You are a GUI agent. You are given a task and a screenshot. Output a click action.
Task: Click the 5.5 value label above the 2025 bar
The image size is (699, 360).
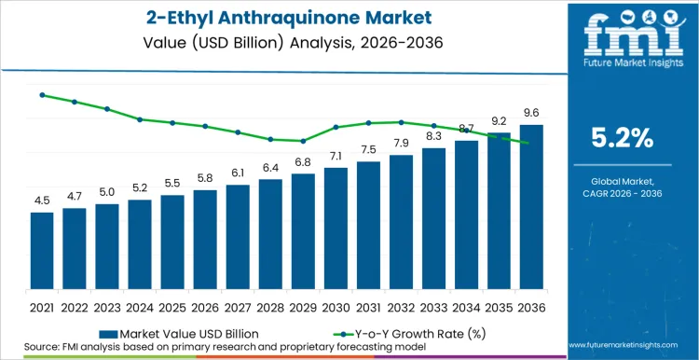click(x=172, y=184)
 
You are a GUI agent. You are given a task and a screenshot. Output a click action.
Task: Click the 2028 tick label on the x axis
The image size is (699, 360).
click(x=270, y=306)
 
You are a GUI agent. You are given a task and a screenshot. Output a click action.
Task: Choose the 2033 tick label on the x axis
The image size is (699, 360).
click(x=433, y=306)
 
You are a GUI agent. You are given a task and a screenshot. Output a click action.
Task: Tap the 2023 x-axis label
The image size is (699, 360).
click(x=107, y=306)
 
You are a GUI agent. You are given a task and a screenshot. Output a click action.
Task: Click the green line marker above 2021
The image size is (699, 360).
click(x=42, y=95)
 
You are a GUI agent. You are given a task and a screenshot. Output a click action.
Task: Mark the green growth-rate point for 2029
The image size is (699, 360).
click(x=303, y=141)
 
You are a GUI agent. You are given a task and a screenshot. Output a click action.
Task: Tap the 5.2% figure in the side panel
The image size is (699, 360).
click(x=623, y=138)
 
